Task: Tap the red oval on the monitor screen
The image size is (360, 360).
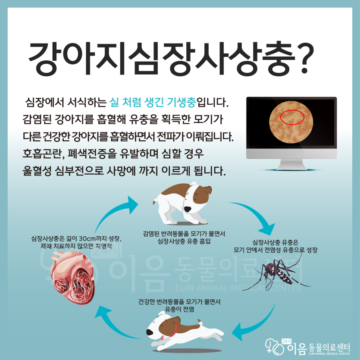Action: point(292,117)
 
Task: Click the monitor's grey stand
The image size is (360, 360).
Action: point(291,164)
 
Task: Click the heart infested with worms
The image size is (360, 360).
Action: point(72,277)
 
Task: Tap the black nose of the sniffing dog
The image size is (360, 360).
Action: point(188,209)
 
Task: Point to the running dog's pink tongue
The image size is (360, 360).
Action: point(162,338)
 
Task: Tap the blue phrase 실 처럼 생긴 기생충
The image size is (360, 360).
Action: point(153,102)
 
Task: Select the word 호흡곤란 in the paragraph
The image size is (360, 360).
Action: point(42,154)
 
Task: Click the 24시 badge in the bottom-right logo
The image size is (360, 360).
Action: point(286,341)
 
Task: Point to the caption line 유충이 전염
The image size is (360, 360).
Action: point(179,309)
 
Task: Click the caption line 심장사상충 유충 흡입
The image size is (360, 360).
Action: point(184,241)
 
